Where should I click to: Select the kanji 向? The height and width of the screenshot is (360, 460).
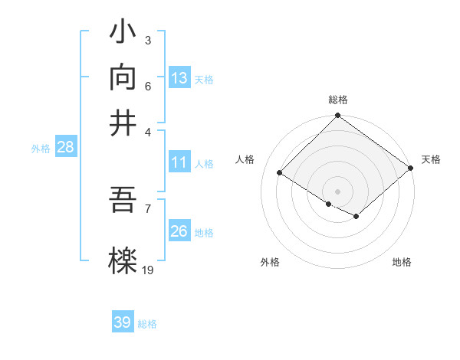tap(123, 77)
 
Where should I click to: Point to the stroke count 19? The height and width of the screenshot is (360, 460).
tap(148, 269)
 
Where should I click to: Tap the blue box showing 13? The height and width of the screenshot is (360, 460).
tap(179, 78)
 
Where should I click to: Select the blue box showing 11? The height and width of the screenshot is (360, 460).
tap(179, 162)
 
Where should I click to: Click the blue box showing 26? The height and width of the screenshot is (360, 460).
tap(179, 231)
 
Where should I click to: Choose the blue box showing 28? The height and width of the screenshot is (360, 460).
tap(65, 148)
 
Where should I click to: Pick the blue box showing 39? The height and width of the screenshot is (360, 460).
tap(123, 322)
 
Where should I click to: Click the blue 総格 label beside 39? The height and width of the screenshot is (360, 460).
tap(147, 324)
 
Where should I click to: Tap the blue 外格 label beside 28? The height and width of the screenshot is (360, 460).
tap(40, 149)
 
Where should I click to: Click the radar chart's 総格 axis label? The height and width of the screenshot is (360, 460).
tap(337, 100)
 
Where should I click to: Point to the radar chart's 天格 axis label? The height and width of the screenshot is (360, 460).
tap(431, 159)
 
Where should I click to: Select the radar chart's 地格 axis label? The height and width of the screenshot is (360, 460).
tap(402, 262)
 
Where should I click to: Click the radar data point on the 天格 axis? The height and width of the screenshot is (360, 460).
tap(411, 168)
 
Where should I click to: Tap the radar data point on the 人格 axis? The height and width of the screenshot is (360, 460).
tap(280, 173)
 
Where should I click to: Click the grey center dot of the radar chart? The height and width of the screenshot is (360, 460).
tap(337, 191)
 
